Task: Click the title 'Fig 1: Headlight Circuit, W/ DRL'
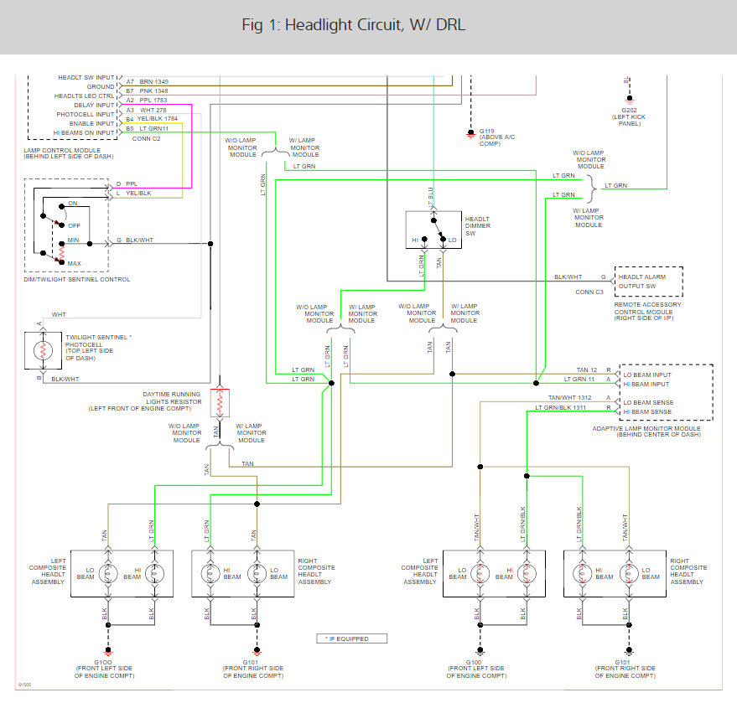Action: coord(353,25)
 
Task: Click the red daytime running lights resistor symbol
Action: coord(220,403)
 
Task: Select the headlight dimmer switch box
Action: coord(433,230)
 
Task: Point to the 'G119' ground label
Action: coord(486,132)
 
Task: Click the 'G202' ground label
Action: coord(625,110)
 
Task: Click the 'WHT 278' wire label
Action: coord(153,110)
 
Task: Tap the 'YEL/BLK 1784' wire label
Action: coord(158,119)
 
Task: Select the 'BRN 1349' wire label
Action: coord(153,81)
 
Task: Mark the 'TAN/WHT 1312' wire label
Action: coord(570,398)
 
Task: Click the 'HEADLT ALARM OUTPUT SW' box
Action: coord(648,282)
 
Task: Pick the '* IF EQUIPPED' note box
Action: coord(354,638)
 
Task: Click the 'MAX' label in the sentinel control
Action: coord(74,263)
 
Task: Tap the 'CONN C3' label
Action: coord(589,292)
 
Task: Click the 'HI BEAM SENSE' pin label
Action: coord(647,411)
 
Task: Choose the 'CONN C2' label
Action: coord(146,138)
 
